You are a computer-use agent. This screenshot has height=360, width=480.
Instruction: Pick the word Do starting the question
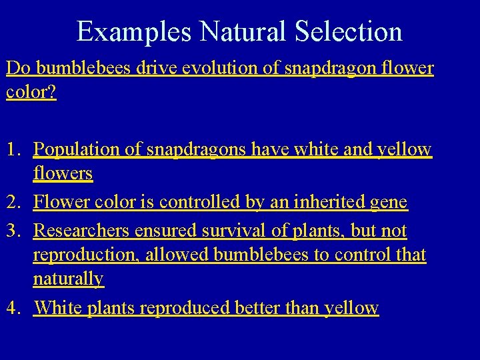[x=17, y=68]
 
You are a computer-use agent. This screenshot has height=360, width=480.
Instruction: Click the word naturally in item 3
[x=69, y=279]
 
